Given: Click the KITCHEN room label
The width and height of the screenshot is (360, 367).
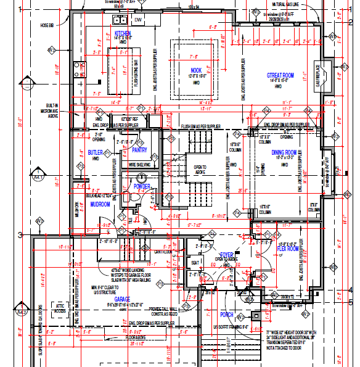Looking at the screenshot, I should [123, 33].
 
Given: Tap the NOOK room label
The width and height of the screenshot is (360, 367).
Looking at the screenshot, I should [196, 70].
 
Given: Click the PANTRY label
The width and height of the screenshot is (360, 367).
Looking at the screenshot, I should [139, 149].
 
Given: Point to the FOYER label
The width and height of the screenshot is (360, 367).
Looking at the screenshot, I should [227, 254].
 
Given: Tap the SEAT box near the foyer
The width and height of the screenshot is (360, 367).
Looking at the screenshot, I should [197, 262].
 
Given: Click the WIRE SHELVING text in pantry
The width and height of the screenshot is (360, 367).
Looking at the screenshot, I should [141, 165].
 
